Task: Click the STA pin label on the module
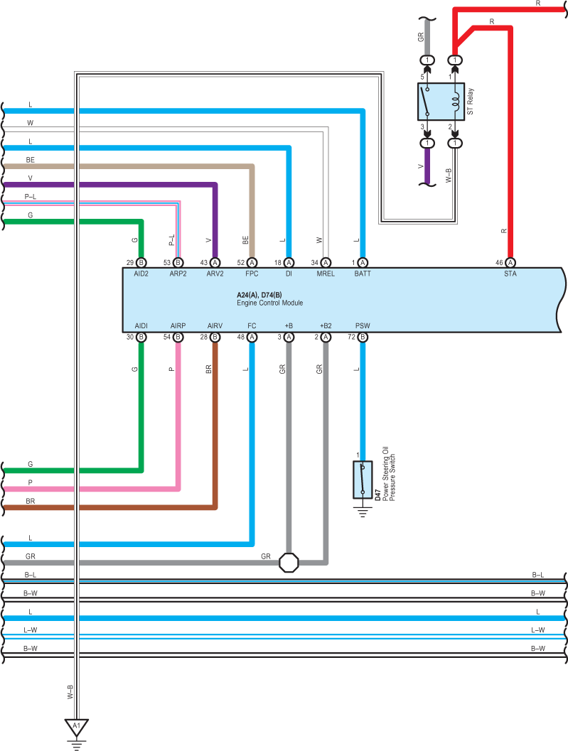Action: click(510, 274)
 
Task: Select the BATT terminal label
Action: click(363, 274)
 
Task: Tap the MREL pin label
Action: click(326, 274)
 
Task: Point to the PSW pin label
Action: click(363, 325)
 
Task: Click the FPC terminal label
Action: click(252, 274)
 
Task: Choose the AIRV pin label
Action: click(215, 325)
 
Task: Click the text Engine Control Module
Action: click(270, 303)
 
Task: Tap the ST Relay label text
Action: click(470, 101)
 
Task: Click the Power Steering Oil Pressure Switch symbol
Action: click(363, 480)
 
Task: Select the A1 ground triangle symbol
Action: click(77, 728)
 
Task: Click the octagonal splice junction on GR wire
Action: click(289, 562)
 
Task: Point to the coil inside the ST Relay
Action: click(456, 101)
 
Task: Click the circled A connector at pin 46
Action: click(510, 262)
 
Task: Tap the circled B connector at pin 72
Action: click(363, 337)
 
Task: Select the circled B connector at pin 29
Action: click(141, 262)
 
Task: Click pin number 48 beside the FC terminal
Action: click(240, 337)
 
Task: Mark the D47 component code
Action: click(377, 495)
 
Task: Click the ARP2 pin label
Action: click(178, 274)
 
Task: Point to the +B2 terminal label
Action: click(326, 325)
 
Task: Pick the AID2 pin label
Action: click(141, 274)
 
